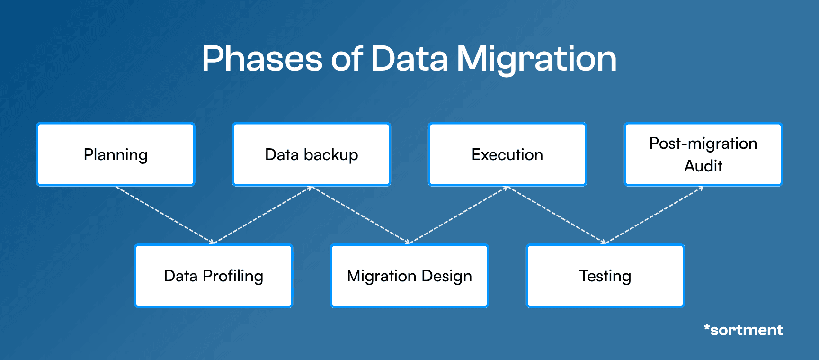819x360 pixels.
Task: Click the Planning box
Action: click(x=116, y=154)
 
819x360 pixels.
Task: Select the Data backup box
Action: click(x=312, y=154)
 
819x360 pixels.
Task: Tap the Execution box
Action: click(x=507, y=154)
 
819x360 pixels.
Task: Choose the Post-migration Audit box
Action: click(x=703, y=154)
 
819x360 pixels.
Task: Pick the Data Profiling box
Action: click(x=214, y=276)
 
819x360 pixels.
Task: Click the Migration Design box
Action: click(x=409, y=276)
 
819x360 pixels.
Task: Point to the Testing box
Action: click(x=605, y=276)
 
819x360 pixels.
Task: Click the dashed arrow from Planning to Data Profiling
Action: click(x=164, y=215)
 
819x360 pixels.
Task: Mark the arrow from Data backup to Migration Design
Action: click(x=360, y=215)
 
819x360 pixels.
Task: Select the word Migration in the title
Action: click(x=536, y=59)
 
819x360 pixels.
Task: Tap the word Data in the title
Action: click(x=409, y=59)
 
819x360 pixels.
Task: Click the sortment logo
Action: click(x=743, y=330)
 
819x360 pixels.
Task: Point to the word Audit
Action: click(x=703, y=166)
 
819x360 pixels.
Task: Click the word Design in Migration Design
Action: click(x=446, y=276)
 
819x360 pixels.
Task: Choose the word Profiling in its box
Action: click(x=232, y=276)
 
